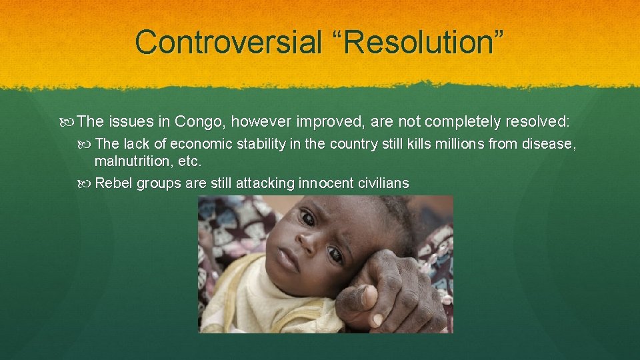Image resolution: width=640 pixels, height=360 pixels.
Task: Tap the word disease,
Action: pos(548,144)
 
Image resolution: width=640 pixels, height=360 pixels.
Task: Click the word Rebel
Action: pos(113,183)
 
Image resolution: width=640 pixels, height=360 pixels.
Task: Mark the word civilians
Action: pos(383,183)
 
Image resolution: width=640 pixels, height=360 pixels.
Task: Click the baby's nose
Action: pos(306,241)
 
